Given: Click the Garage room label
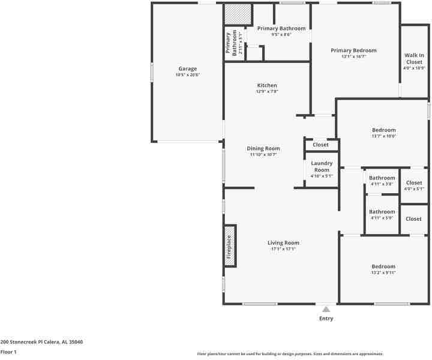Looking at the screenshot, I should pyautogui.click(x=187, y=68).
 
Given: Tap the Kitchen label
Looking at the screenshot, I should pyautogui.click(x=267, y=85).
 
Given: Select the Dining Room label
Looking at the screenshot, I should pyautogui.click(x=263, y=148).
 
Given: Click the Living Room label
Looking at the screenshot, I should pyautogui.click(x=283, y=243).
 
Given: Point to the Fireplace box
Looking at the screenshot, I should pyautogui.click(x=229, y=246).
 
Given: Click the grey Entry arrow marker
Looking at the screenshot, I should pyautogui.click(x=326, y=309).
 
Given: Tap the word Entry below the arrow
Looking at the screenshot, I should pyautogui.click(x=326, y=319).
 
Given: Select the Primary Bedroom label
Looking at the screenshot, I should pyautogui.click(x=353, y=50).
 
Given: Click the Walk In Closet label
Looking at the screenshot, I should pyautogui.click(x=414, y=58).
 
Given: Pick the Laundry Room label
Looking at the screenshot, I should pyautogui.click(x=322, y=166).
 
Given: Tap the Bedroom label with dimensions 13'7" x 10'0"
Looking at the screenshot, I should pyautogui.click(x=383, y=130).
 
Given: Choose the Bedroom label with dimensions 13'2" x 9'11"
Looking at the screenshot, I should pyautogui.click(x=383, y=266).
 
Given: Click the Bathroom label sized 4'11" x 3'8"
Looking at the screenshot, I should pyautogui.click(x=382, y=178).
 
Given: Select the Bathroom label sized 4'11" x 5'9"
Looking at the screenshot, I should pyautogui.click(x=382, y=212).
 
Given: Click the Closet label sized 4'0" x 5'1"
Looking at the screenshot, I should pyautogui.click(x=414, y=183).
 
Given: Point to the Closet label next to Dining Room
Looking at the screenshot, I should pyautogui.click(x=320, y=145).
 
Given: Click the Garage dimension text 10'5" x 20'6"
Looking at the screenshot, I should pyautogui.click(x=187, y=75).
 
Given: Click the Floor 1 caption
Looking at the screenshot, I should pyautogui.click(x=8, y=352).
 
